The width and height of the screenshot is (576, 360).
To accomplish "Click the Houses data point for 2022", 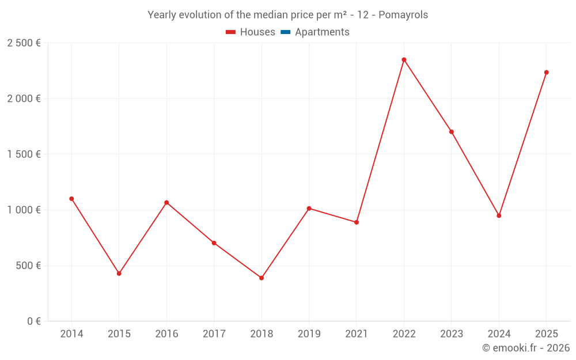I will [x=404, y=60].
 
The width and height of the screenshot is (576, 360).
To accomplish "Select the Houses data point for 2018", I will [x=262, y=278].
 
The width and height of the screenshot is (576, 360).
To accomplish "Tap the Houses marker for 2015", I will [x=119, y=274].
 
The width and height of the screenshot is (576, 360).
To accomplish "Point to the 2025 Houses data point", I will [x=547, y=73].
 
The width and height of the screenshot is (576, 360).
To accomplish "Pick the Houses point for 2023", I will [x=452, y=132].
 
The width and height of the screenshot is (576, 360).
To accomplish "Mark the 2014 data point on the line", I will [x=71, y=199].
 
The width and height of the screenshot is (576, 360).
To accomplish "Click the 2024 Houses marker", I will [x=499, y=215].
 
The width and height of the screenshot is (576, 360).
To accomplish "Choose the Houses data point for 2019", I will [x=309, y=209].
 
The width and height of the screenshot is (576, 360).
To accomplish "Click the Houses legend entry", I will [x=251, y=32].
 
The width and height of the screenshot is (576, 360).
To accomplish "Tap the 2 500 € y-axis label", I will [x=24, y=43].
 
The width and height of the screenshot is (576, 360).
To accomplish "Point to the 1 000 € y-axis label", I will [x=24, y=210].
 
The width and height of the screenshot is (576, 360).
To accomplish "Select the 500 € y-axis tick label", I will [x=27, y=266].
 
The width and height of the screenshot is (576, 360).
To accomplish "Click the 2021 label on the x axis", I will [x=357, y=334].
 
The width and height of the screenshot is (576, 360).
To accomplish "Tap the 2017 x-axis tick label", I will [x=214, y=334].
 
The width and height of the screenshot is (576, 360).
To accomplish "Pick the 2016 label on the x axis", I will [x=166, y=334].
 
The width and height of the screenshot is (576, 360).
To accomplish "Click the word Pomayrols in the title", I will [x=403, y=15].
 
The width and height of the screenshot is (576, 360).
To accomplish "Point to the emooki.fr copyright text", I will [x=526, y=348].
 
